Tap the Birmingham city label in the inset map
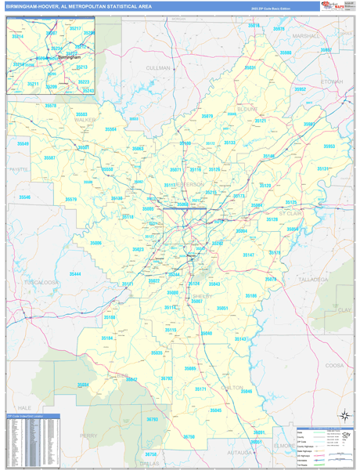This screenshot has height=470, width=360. click(x=69, y=57)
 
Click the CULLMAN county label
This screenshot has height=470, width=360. click(x=157, y=68)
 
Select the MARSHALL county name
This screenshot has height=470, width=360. click(x=305, y=36)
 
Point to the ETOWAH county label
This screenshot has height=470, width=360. click(x=331, y=81)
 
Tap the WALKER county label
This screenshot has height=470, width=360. click(x=84, y=120)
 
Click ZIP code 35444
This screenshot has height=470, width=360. click(x=75, y=274)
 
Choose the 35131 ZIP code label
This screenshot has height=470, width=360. click(x=322, y=168)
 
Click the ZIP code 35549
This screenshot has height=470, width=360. click(x=23, y=143)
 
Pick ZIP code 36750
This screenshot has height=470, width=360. click(x=188, y=436)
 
